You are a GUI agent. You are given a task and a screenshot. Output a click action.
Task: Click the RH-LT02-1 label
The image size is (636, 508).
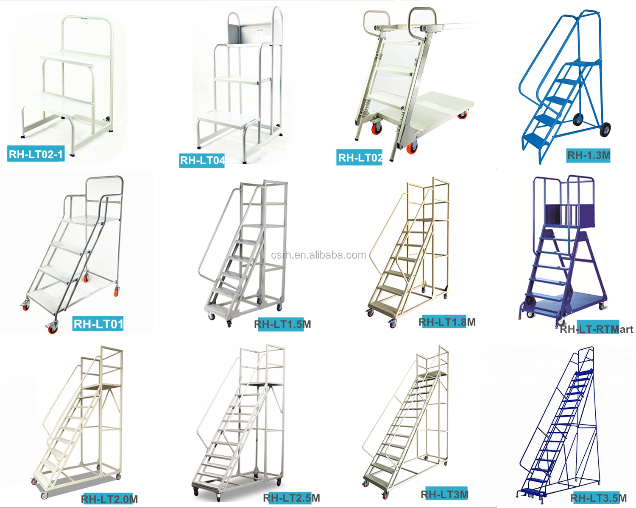[36, 154]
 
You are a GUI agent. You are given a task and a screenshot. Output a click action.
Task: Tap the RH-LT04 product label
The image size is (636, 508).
[202, 160]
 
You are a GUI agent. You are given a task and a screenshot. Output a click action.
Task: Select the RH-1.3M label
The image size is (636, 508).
[589, 155]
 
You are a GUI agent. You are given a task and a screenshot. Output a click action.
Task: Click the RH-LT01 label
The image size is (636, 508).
[98, 324]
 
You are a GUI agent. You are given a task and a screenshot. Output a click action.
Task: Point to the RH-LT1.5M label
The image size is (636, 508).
[282, 324]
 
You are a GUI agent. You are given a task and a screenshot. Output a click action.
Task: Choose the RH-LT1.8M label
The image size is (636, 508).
[447, 322]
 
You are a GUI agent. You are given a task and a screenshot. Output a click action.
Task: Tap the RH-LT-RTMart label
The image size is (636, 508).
[596, 329]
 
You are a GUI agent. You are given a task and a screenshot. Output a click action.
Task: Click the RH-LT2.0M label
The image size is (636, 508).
[109, 499]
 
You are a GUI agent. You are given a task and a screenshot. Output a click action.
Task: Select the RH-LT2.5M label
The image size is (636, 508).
[292, 498]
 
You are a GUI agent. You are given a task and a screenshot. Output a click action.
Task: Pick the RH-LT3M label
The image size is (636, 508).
[444, 494]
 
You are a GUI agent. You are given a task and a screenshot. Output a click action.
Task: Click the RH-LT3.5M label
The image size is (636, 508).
[598, 498]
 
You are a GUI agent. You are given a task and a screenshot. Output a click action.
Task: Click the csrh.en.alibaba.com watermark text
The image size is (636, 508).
[318, 255]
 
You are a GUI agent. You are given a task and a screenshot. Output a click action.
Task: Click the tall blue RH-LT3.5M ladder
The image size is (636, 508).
[560, 428]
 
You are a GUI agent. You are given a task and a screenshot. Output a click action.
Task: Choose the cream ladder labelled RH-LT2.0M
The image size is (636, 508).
[81, 423]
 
